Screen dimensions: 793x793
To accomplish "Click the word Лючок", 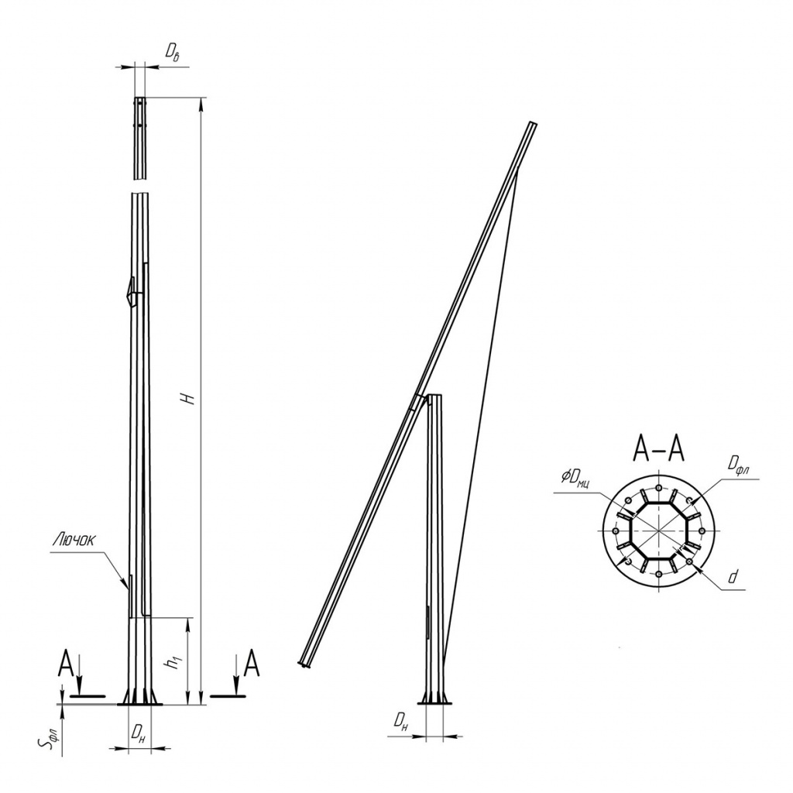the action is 74,541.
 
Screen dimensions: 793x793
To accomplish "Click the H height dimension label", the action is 189,399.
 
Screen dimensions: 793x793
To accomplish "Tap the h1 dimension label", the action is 175,661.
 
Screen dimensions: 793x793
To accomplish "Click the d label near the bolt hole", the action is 733,576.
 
